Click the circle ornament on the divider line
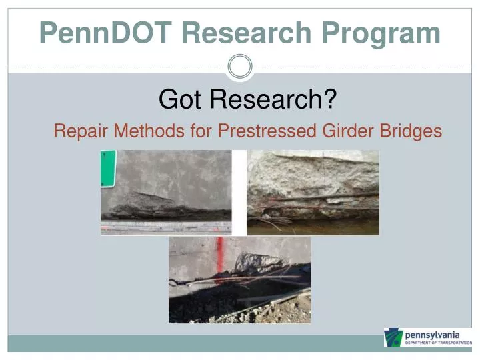click(240, 67)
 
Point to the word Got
click(175, 101)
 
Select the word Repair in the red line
click(75, 131)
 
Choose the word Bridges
click(409, 131)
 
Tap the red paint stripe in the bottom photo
click(220, 257)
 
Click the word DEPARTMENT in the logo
click(419, 343)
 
